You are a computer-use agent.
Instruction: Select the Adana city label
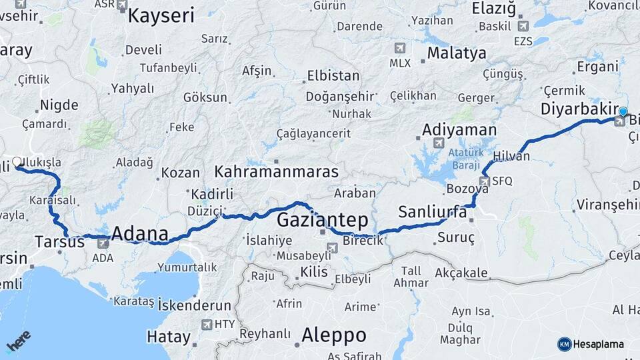[x=140, y=234]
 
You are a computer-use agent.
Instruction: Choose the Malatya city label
[x=457, y=53]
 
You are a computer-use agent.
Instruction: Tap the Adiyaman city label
[x=459, y=129]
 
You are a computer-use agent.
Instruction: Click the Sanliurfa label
[x=432, y=213]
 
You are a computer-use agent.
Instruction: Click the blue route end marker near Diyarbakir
[x=623, y=111]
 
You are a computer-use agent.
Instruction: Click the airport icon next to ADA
[x=103, y=243]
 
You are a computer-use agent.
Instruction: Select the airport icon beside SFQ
[x=485, y=181]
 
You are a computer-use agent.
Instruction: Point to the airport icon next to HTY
[x=207, y=325]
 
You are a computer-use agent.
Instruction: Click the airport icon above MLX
[x=399, y=48]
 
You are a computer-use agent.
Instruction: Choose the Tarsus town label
[x=59, y=241]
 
